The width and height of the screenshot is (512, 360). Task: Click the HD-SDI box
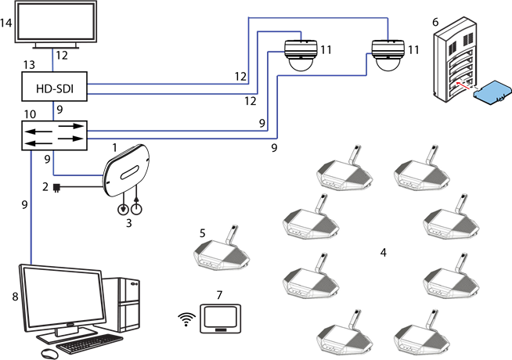(53, 85)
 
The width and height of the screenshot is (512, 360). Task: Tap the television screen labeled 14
(55, 25)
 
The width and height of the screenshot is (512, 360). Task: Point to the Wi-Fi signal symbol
(186, 319)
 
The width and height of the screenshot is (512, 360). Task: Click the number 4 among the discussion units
(383, 252)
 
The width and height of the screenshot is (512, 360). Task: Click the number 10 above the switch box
(30, 114)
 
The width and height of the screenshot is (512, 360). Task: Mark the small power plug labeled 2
(56, 188)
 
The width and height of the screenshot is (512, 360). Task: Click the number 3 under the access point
(129, 223)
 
